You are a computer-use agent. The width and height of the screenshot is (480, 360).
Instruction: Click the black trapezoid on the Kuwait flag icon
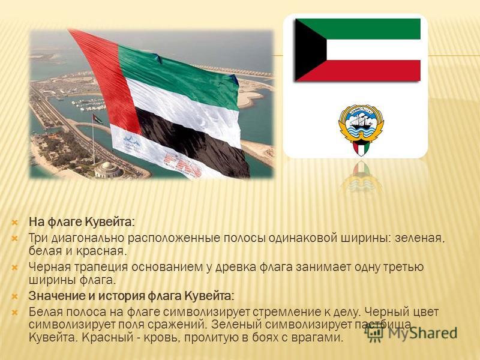(308, 50)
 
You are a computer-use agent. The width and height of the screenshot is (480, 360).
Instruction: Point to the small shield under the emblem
(361, 148)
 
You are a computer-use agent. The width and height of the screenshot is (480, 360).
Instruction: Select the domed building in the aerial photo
(107, 170)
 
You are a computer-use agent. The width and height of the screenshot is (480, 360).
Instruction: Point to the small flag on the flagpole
(98, 119)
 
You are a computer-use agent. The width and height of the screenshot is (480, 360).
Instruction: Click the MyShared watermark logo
(412, 332)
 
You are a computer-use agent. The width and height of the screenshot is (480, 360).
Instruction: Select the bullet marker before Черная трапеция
(14, 267)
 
